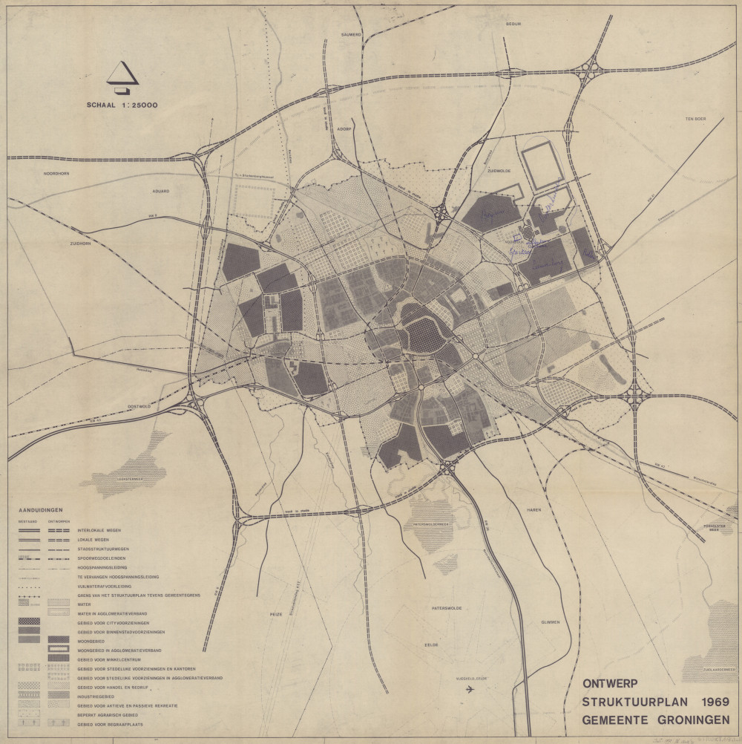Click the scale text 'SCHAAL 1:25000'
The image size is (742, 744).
[122, 105]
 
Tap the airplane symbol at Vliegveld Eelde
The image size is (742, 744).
[470, 690]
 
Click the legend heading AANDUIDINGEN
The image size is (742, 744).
[42, 510]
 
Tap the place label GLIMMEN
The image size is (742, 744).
[551, 622]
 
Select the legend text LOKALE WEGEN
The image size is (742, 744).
[93, 540]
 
